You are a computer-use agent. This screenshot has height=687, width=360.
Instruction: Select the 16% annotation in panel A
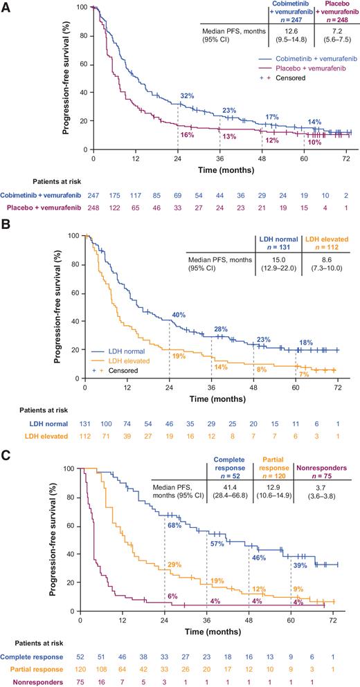click(187, 135)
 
